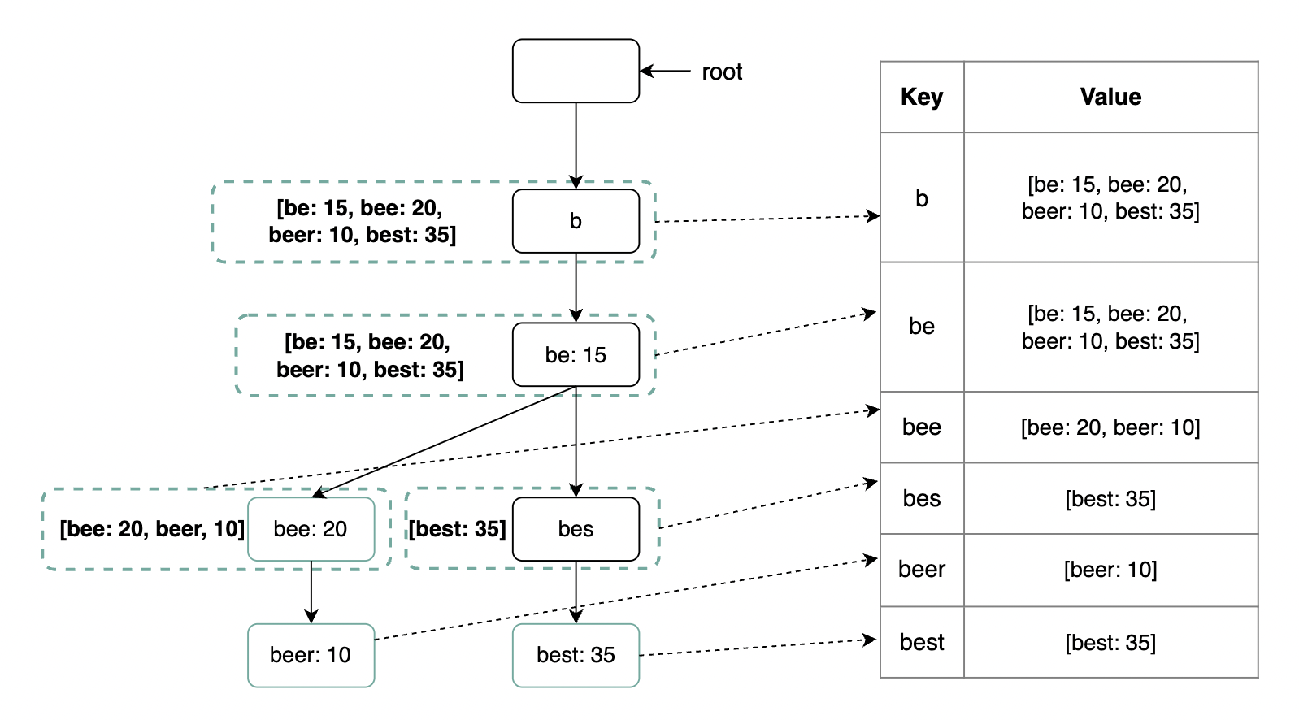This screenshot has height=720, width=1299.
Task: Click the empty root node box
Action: pyautogui.click(x=576, y=71)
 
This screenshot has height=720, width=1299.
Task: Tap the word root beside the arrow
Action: pyautogui.click(x=722, y=72)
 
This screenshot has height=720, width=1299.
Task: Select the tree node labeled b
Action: pyautogui.click(x=576, y=221)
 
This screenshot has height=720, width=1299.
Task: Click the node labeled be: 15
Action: pyautogui.click(x=576, y=354)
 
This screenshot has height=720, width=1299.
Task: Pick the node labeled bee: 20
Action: pyautogui.click(x=311, y=529)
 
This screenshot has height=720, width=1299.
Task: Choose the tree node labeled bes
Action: pyautogui.click(x=576, y=529)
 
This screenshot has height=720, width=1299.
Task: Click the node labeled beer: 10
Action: pyautogui.click(x=311, y=655)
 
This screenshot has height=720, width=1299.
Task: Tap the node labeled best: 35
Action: pyautogui.click(x=576, y=655)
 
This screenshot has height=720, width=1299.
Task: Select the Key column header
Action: pyautogui.click(x=922, y=97)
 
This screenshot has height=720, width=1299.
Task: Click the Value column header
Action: pyautogui.click(x=1110, y=97)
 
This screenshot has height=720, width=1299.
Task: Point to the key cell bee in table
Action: pyautogui.click(x=922, y=427)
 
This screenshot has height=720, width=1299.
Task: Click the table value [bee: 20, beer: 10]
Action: pyautogui.click(x=1110, y=427)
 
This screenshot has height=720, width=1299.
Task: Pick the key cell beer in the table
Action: pyautogui.click(x=922, y=570)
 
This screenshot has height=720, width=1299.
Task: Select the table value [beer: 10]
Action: pyautogui.click(x=1110, y=570)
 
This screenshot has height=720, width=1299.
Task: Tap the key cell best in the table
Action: pyautogui.click(x=922, y=643)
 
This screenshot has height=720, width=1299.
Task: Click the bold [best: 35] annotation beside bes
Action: pyautogui.click(x=458, y=529)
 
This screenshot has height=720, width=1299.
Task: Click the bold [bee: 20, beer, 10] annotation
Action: pyautogui.click(x=152, y=529)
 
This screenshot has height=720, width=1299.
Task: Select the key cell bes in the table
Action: pyautogui.click(x=922, y=499)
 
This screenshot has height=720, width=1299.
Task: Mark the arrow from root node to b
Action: pyautogui.click(x=576, y=146)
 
